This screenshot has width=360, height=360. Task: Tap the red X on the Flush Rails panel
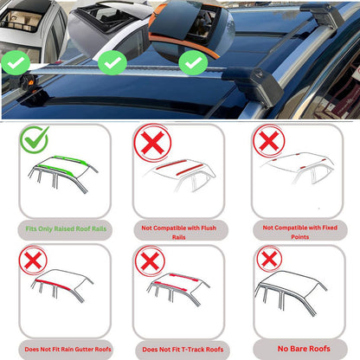pos(152,143)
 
